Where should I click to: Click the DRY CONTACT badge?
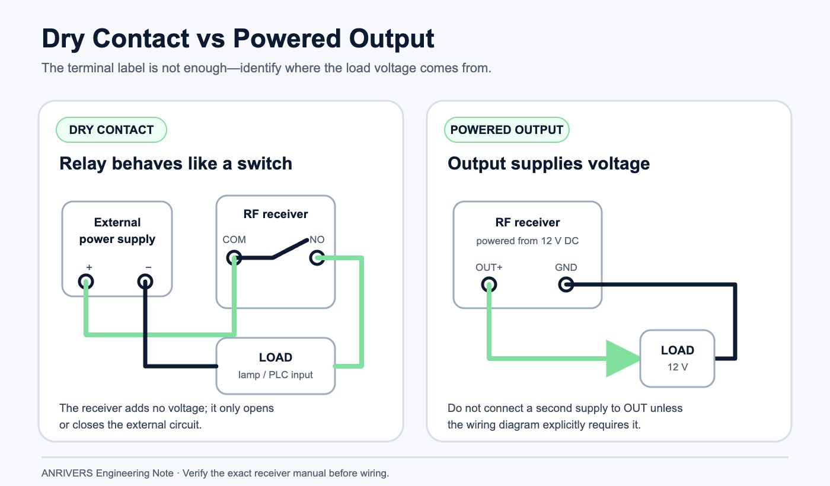tap(111, 130)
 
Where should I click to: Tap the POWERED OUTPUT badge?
tap(506, 130)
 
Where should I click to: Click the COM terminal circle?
tap(234, 257)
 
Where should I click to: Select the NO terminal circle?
tap(317, 257)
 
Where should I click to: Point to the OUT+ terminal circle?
tap(489, 284)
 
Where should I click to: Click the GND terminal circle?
tap(566, 284)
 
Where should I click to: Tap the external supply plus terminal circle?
tap(86, 282)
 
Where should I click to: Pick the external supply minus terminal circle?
tap(145, 282)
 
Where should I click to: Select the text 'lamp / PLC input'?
tap(275, 375)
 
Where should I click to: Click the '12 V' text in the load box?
tap(677, 367)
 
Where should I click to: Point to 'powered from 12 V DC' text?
tap(527, 241)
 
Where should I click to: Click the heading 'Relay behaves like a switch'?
tap(175, 164)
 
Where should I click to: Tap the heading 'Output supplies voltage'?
tap(548, 164)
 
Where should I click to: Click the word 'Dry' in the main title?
tap(63, 39)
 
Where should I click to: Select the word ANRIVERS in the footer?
tap(67, 473)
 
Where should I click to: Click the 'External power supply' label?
tap(117, 231)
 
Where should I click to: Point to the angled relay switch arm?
tap(290, 248)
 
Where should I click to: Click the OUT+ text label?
tap(489, 267)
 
